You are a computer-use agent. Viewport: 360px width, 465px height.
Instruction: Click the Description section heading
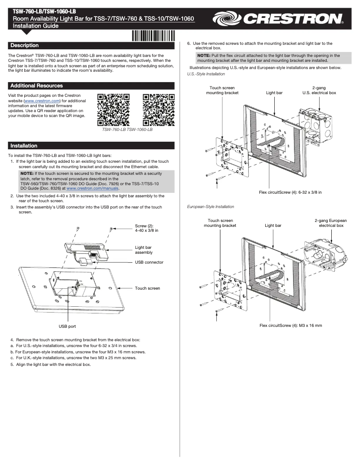tap(25, 45)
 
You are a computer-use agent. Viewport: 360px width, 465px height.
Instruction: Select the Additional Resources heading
tap(36, 86)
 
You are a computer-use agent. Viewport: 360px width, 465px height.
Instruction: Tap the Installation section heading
tap(24, 146)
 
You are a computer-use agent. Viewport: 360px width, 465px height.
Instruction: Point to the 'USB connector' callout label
tap(149, 262)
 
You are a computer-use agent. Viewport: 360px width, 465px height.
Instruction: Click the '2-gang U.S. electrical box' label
tap(319, 90)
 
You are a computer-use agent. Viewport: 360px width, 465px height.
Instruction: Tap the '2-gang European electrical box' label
tap(331, 223)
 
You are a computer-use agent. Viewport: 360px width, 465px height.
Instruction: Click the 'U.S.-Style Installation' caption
tap(206, 74)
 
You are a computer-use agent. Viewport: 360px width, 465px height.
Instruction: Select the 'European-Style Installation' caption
tap(210, 207)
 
